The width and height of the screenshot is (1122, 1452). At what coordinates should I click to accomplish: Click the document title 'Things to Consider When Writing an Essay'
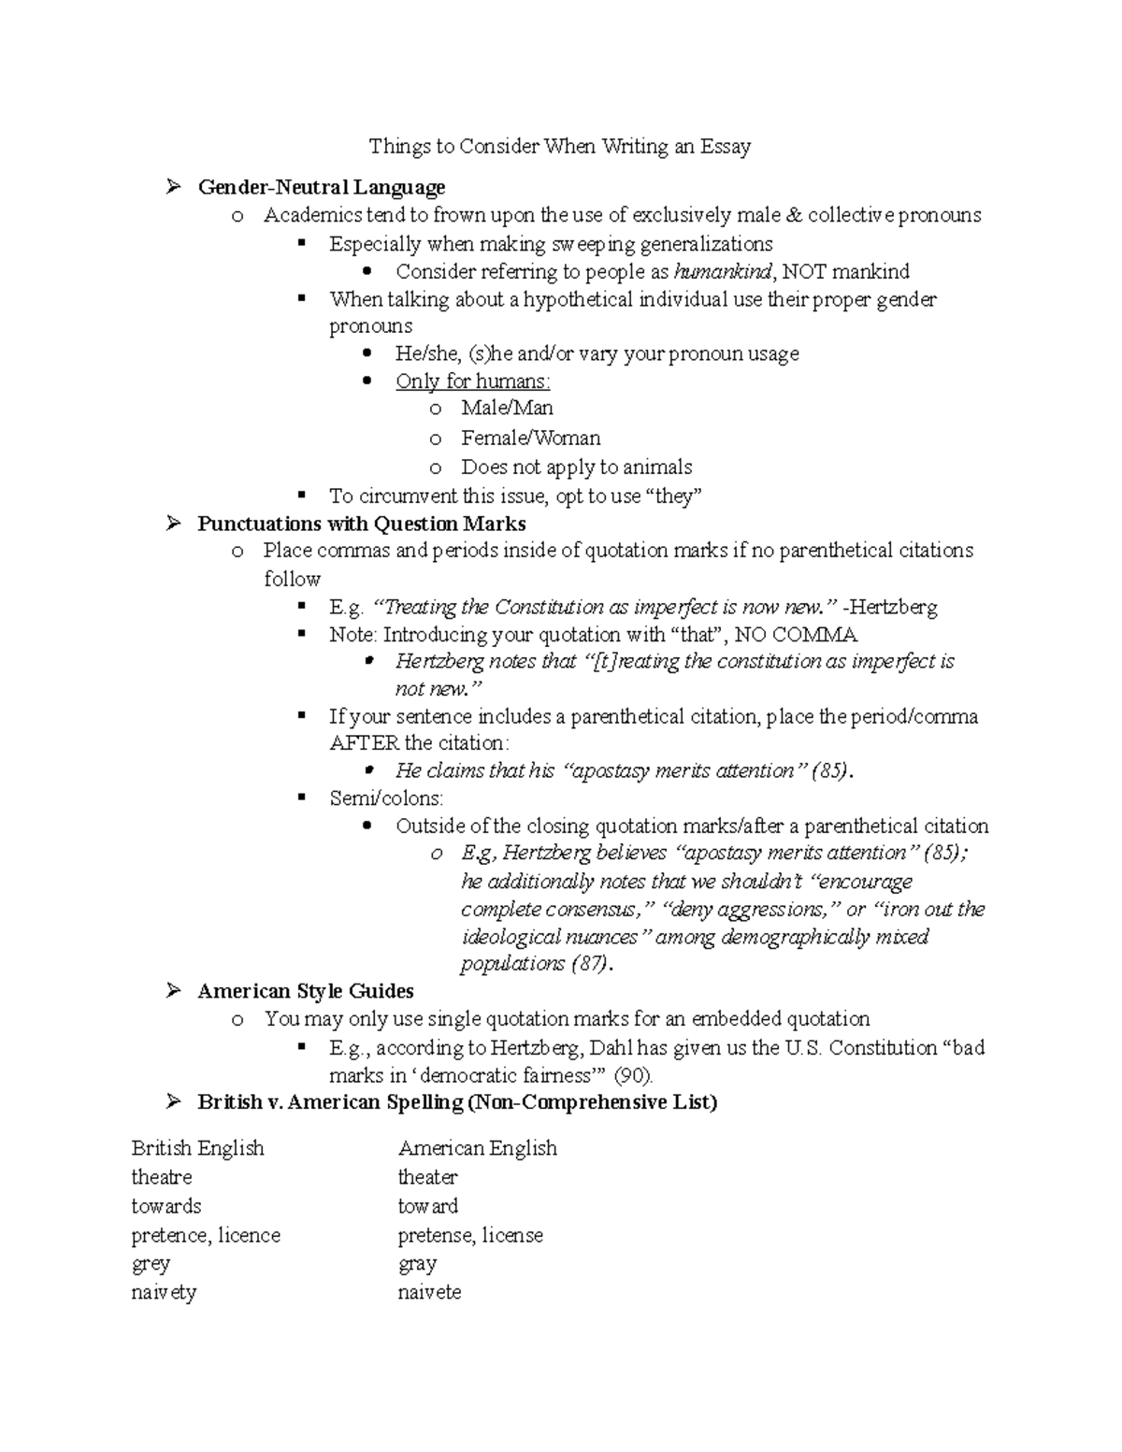559,146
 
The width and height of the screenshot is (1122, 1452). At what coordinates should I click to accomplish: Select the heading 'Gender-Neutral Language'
321,188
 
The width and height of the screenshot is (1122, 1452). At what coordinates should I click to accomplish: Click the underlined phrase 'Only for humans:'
472,381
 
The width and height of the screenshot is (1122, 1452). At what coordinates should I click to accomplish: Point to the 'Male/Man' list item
507,409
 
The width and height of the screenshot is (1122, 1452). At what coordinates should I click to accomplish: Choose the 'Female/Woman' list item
530,438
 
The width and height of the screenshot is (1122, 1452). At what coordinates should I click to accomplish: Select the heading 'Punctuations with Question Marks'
361,524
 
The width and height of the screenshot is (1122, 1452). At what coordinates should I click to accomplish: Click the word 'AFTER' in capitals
364,743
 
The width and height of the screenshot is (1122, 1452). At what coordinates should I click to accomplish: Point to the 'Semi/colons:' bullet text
386,798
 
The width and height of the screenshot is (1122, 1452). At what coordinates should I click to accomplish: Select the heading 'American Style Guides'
305,991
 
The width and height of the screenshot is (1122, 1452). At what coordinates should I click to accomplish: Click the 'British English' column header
197,1148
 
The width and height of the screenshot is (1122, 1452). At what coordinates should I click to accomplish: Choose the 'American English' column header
477,1148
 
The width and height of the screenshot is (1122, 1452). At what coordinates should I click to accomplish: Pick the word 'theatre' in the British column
162,1177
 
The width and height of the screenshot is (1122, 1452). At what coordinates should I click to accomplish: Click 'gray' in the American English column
417,1264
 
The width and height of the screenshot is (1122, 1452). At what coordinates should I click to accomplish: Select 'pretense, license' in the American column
469,1235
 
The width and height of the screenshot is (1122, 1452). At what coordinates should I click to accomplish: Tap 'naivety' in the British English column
164,1293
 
